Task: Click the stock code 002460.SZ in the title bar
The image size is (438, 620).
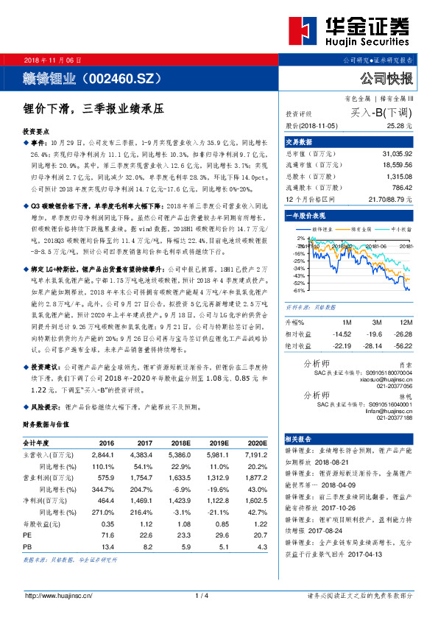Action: tap(121, 77)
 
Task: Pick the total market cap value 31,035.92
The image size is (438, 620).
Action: tap(397, 153)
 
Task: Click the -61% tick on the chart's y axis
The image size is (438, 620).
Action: tap(300, 289)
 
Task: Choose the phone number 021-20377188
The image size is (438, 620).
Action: tap(395, 418)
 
